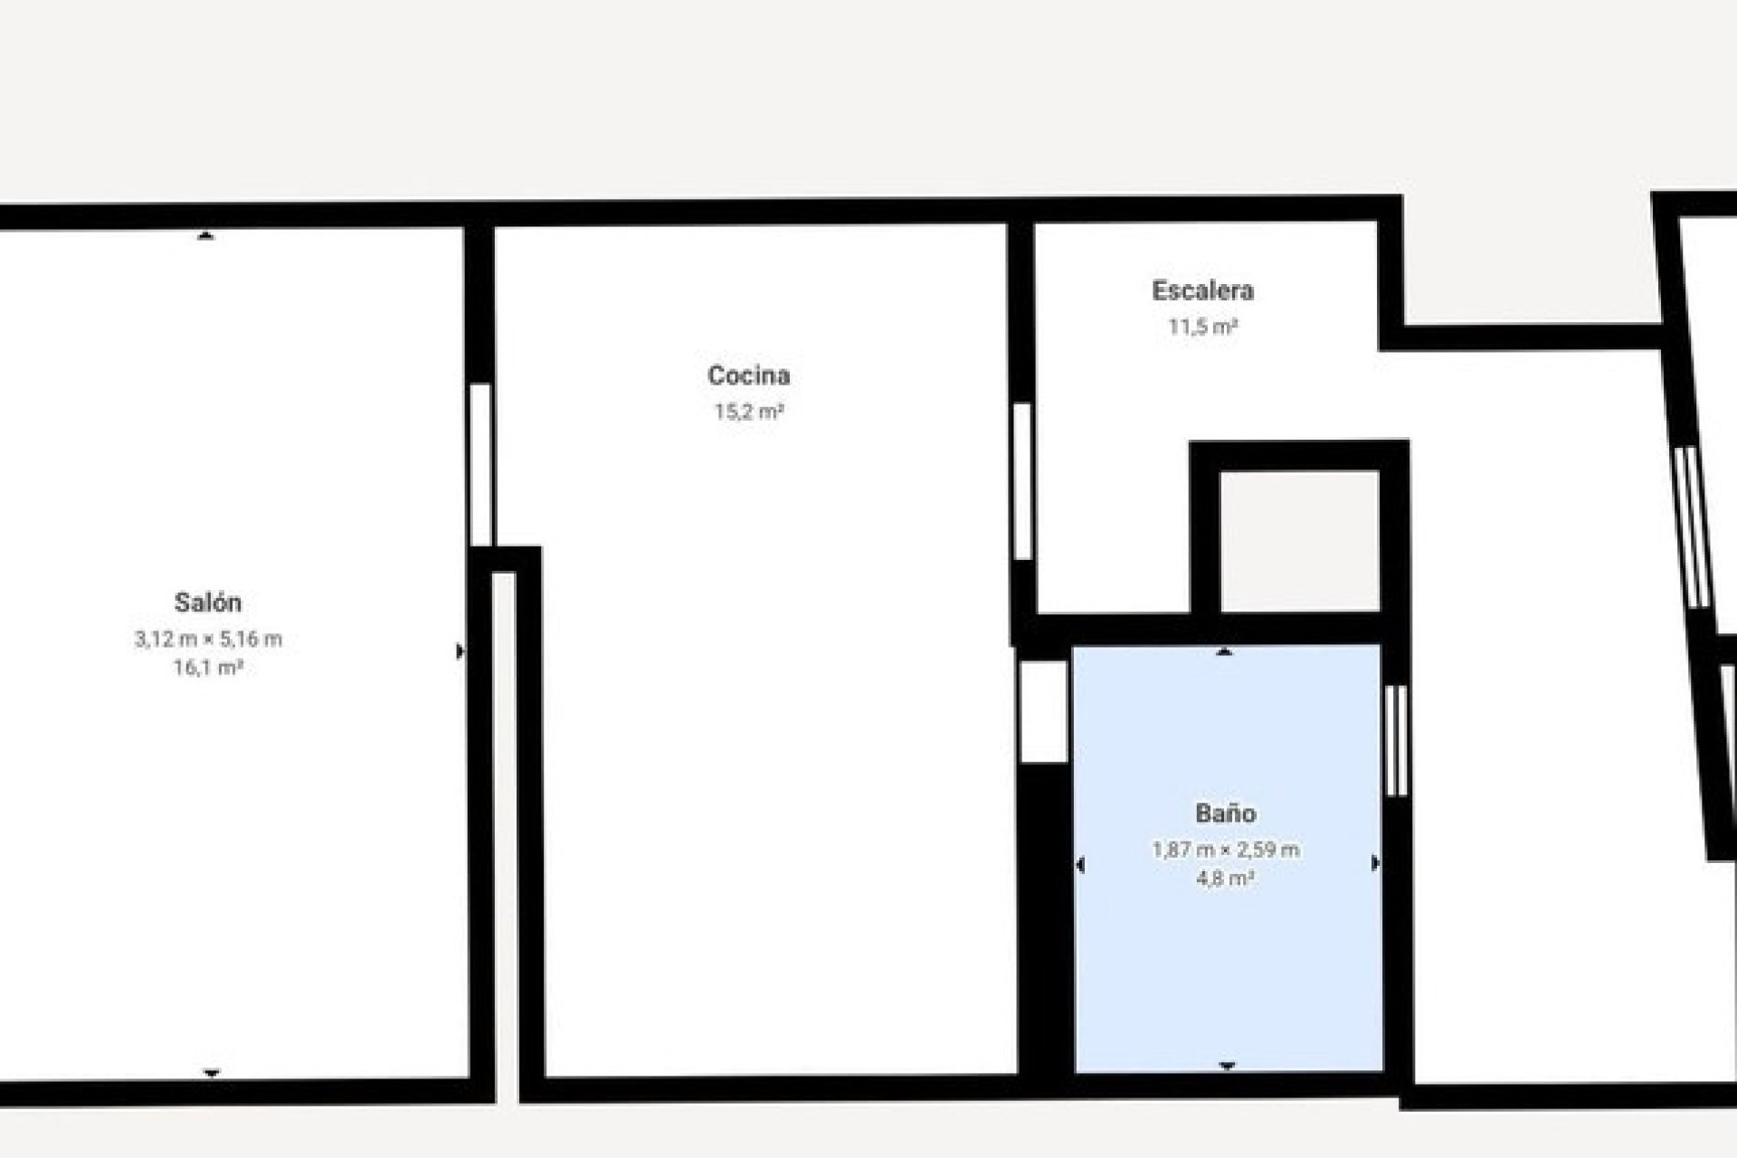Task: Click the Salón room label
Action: (208, 603)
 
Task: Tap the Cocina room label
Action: (748, 375)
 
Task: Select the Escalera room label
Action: (1202, 290)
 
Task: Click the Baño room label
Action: (1226, 813)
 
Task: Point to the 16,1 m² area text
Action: (208, 668)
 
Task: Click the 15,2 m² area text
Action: (748, 413)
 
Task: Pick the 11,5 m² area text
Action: (1202, 327)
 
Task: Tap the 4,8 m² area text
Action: (1226, 878)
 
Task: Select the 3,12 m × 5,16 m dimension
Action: (208, 639)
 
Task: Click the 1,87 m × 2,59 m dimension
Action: (1226, 850)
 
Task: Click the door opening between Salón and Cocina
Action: (480, 465)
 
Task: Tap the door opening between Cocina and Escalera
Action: (1022, 481)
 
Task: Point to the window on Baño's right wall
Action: (1396, 741)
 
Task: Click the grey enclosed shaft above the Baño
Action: (1299, 541)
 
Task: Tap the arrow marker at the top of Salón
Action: (206, 236)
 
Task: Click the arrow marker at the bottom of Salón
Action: (212, 1073)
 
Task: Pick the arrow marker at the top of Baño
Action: (1224, 650)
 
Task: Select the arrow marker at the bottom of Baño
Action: (1227, 1067)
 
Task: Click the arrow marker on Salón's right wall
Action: (460, 651)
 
